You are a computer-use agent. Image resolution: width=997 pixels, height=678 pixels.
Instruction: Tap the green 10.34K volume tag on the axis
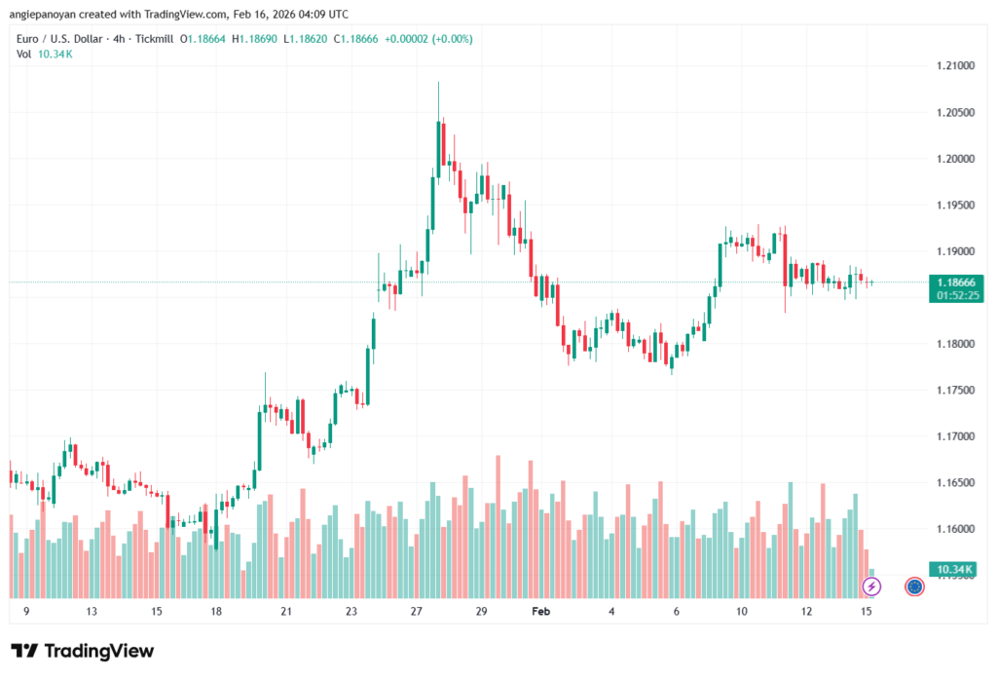[954, 568]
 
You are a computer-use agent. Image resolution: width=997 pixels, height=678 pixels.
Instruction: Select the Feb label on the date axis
[540, 612]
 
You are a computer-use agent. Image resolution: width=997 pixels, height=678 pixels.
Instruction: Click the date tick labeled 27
[417, 612]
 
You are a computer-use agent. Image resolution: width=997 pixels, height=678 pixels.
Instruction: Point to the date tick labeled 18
[216, 612]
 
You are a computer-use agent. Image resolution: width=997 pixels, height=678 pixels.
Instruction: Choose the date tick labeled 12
[807, 612]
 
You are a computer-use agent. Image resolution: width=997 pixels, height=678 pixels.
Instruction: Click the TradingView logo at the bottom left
[82, 651]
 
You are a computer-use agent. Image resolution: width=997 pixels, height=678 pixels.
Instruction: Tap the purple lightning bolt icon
[872, 585]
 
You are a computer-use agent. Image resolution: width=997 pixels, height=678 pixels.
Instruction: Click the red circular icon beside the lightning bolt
[914, 585]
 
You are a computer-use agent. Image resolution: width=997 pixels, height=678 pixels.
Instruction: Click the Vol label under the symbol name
[23, 54]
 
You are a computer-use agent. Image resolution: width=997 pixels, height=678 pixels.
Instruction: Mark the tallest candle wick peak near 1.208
[438, 84]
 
